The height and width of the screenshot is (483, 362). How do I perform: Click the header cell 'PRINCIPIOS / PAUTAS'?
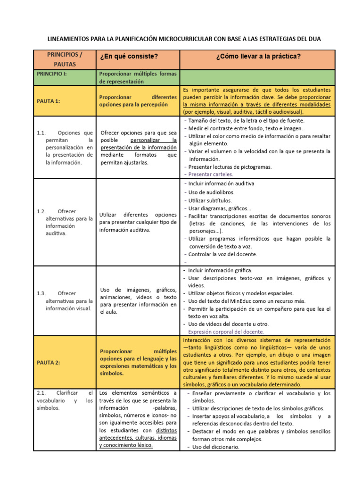[x=65, y=59]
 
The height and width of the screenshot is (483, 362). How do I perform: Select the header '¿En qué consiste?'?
[x=128, y=57]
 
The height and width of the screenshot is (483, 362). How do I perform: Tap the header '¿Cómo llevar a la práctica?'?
[x=258, y=57]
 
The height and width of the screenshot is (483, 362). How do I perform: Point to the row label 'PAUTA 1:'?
[x=49, y=100]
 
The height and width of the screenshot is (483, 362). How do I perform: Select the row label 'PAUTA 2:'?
[x=49, y=362]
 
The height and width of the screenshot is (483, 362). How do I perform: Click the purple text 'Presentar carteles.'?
[x=210, y=174]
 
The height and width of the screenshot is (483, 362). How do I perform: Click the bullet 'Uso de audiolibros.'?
[x=211, y=192]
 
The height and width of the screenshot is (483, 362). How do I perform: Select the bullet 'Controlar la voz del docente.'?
[x=222, y=254]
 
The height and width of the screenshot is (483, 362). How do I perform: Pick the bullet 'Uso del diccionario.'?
[x=215, y=447]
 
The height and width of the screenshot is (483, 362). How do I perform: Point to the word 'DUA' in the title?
[x=313, y=39]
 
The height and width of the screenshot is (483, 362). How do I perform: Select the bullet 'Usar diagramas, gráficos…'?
[x=220, y=208]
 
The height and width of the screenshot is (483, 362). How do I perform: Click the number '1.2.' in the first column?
[x=41, y=211]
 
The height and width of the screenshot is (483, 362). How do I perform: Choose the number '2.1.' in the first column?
[x=41, y=393]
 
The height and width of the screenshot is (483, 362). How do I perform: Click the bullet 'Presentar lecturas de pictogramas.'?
[x=230, y=167]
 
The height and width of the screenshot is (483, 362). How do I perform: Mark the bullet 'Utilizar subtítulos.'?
[x=210, y=200]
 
